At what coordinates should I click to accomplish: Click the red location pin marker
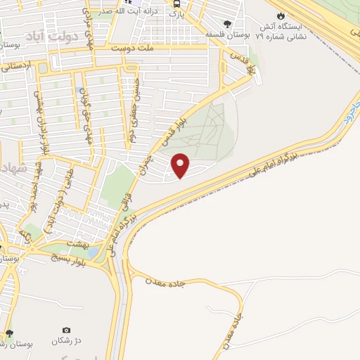(x=181, y=165)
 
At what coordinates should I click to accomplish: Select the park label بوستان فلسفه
(x=225, y=34)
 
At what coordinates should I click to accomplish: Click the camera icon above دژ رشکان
(x=66, y=330)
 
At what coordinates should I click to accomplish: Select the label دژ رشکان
(x=66, y=341)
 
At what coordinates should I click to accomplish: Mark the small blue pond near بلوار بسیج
(x=93, y=252)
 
